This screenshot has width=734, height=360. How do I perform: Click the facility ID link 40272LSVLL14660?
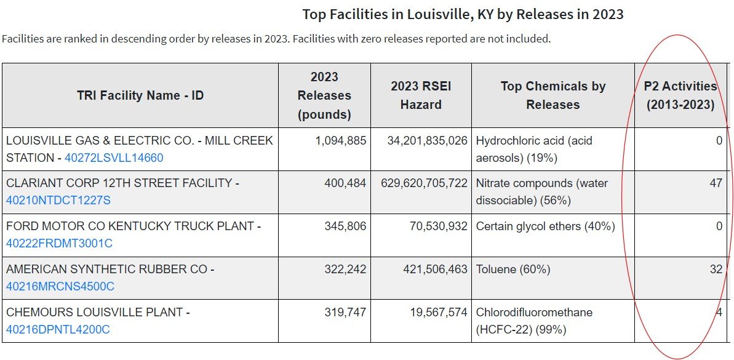click(x=114, y=158)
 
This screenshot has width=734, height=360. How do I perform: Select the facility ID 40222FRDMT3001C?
click(x=59, y=244)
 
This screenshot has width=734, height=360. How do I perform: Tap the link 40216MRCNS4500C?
click(x=60, y=287)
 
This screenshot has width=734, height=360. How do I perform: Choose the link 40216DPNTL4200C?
click(x=58, y=330)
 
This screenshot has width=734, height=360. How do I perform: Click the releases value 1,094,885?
click(x=340, y=141)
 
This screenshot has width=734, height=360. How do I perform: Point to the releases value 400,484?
click(x=345, y=183)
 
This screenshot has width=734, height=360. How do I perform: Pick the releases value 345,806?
click(x=345, y=226)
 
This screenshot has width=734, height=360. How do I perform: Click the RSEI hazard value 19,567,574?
click(x=439, y=313)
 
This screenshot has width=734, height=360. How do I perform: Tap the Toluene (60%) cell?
click(x=513, y=270)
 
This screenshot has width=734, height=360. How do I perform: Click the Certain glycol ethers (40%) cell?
click(x=545, y=226)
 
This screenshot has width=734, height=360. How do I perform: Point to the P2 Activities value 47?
click(x=716, y=183)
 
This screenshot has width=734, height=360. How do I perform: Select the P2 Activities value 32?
click(x=716, y=270)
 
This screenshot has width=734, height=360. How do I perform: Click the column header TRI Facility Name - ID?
click(x=140, y=95)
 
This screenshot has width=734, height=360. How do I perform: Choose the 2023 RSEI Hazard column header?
click(x=421, y=95)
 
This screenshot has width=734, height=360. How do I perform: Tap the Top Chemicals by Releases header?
click(x=552, y=95)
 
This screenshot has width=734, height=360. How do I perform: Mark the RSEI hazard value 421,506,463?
click(x=433, y=270)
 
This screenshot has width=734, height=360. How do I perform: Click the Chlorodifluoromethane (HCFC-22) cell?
click(x=534, y=321)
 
